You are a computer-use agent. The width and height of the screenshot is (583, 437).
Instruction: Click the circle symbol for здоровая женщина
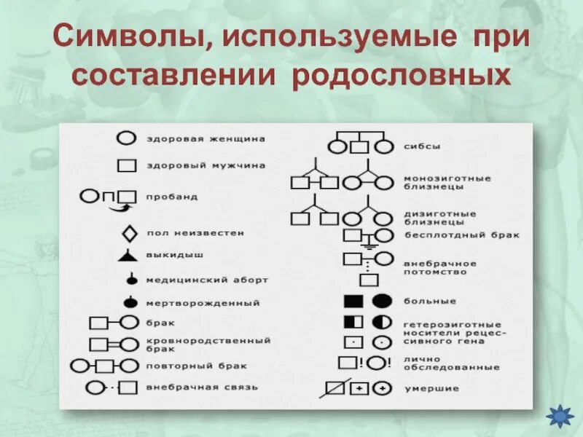click(x=128, y=138)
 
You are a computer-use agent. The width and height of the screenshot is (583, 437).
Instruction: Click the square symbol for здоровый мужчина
click(x=128, y=165)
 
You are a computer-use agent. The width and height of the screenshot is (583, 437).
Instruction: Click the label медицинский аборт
click(x=207, y=279)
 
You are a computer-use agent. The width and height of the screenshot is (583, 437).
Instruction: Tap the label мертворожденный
click(x=203, y=302)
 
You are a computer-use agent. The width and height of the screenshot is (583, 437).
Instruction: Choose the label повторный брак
click(x=196, y=365)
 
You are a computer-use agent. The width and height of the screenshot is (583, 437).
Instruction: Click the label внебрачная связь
click(x=202, y=387)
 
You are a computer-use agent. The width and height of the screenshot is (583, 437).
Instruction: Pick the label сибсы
click(x=422, y=146)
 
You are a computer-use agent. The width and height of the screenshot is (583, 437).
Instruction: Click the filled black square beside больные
click(x=353, y=301)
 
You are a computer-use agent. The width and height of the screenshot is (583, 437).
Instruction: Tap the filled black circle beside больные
click(x=382, y=301)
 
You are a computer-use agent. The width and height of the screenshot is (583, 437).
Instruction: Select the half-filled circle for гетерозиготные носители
click(x=381, y=322)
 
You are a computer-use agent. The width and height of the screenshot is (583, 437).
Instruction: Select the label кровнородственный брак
click(x=208, y=344)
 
